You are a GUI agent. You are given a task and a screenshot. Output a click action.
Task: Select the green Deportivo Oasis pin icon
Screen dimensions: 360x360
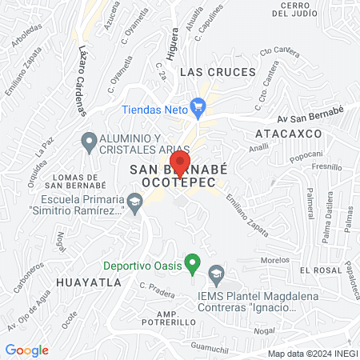192,262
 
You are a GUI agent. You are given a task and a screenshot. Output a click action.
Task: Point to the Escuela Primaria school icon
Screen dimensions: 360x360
135,206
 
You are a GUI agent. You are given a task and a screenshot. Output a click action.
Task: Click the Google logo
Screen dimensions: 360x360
27,350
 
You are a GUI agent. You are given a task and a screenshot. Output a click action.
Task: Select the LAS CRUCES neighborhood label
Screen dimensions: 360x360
218,72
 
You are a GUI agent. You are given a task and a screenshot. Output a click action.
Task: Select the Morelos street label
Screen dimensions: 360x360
275,261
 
